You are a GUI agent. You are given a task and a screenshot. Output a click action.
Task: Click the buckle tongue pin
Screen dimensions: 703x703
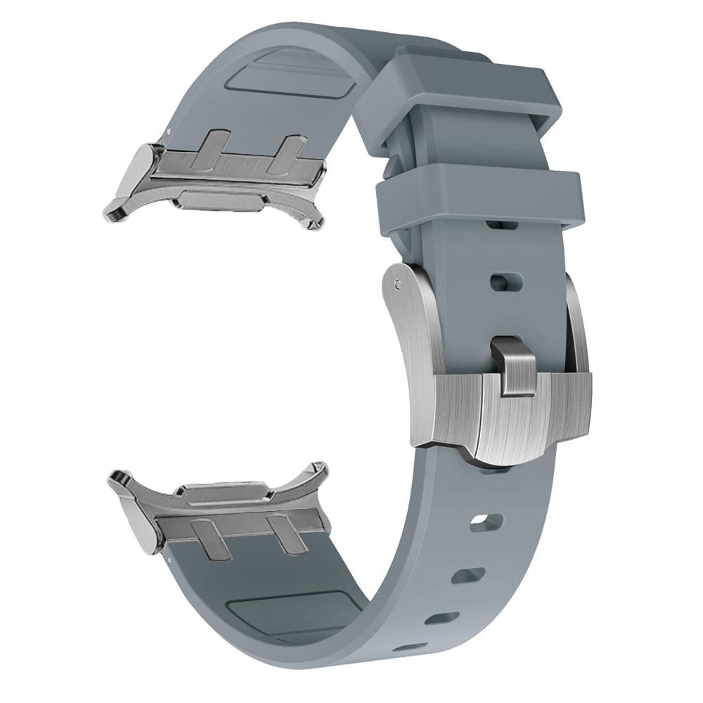[x=512, y=366]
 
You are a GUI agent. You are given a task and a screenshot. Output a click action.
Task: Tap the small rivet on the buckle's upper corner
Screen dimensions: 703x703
[x=399, y=284]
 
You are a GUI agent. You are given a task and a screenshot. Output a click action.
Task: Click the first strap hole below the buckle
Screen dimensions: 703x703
[x=488, y=522]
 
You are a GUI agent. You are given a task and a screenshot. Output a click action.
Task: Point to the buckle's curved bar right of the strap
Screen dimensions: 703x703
[x=576, y=323]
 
